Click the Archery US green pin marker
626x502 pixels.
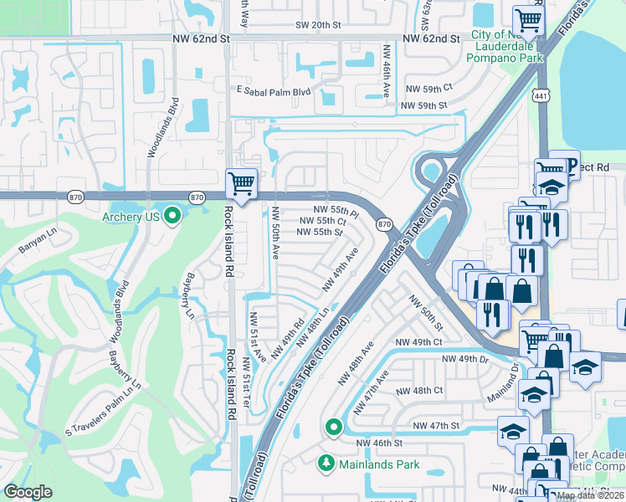pos(173,218)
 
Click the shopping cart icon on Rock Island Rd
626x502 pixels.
pos(241,182)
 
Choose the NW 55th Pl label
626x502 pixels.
pos(336,210)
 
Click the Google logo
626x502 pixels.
pos(28,492)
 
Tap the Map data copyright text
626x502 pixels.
pos(589,495)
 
